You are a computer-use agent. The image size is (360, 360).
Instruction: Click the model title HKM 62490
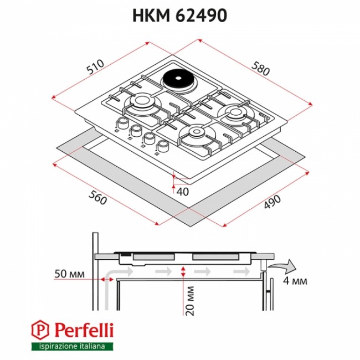180,16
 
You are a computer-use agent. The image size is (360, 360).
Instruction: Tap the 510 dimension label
96,66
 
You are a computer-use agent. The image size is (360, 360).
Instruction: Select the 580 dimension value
260,68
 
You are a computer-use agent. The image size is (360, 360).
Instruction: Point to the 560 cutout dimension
97,198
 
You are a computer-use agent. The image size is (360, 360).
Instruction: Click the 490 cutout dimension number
272,202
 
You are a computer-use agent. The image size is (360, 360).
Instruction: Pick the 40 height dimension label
183,192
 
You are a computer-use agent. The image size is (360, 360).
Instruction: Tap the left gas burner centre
140,100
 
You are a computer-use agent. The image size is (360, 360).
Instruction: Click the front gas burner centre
196,132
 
